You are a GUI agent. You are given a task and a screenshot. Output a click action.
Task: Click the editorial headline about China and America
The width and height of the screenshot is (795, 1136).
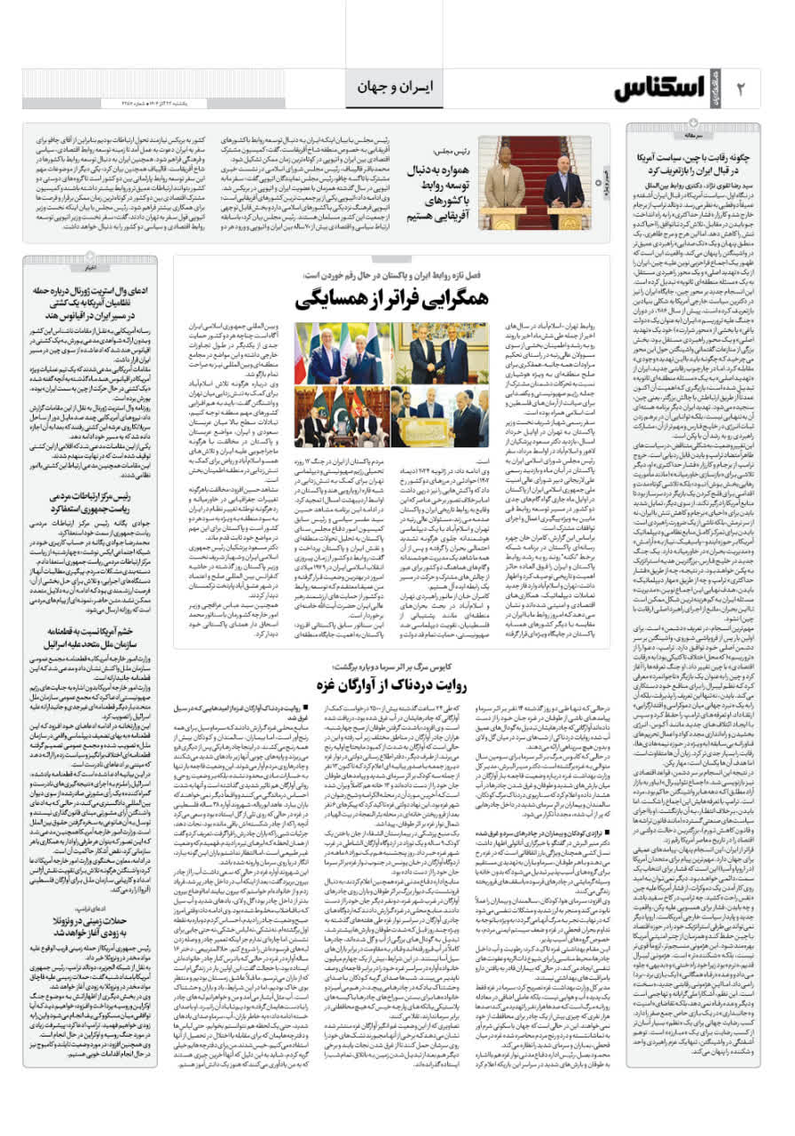click(x=692, y=161)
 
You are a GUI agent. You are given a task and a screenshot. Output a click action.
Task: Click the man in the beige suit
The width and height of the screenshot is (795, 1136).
click(x=504, y=182)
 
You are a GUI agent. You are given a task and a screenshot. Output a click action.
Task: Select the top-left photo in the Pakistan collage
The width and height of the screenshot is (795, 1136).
click(x=338, y=353)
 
